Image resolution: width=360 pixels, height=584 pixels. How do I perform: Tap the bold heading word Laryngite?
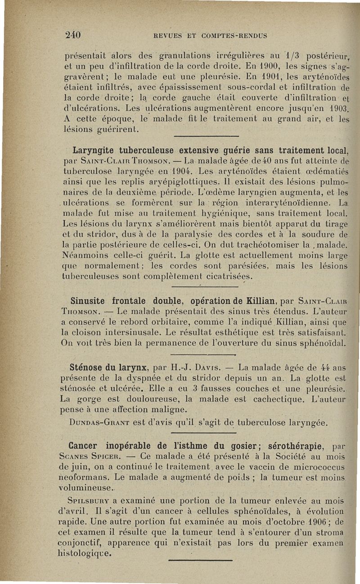[x=92, y=149]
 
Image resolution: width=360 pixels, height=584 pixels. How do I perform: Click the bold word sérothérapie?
[x=288, y=446]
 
